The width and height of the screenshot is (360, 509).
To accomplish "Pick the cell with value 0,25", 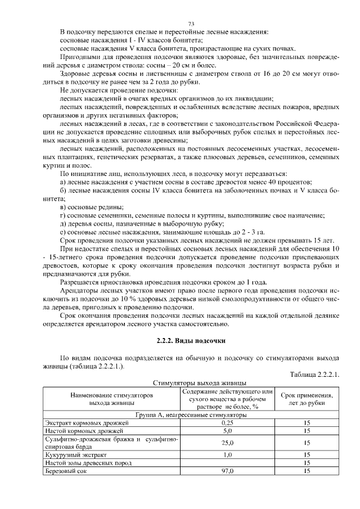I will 227,422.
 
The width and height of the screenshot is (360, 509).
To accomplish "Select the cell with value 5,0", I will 227,430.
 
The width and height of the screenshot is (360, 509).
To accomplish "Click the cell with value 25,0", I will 227,443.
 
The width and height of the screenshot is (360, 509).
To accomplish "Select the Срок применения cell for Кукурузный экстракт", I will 307,454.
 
